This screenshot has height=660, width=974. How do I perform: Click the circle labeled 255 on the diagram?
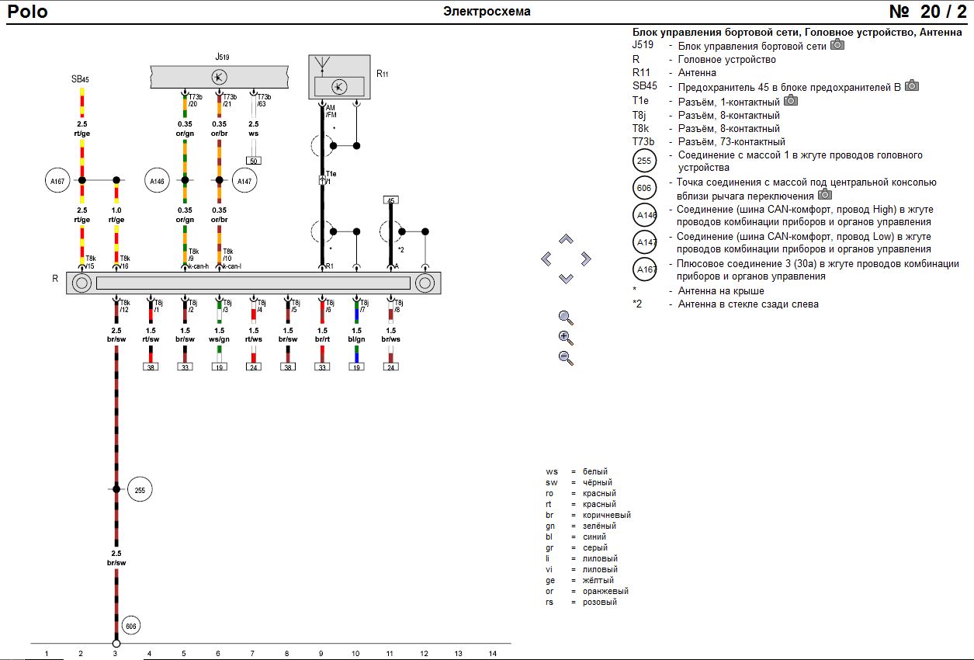(x=140, y=490)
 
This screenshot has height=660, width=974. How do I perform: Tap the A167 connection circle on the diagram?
(x=57, y=181)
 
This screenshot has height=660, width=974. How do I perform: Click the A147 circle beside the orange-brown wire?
(x=244, y=181)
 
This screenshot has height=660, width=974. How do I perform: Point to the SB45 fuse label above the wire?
(x=80, y=79)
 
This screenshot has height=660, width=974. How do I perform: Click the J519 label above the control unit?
(x=222, y=57)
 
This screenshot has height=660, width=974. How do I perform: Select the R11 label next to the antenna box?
(x=383, y=74)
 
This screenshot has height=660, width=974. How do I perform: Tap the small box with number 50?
(x=253, y=161)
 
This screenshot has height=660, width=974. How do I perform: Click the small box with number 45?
(x=391, y=200)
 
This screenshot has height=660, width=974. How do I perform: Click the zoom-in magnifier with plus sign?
(x=566, y=338)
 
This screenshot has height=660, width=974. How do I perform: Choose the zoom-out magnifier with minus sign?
(x=566, y=358)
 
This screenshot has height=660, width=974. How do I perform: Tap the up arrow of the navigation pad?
(x=566, y=239)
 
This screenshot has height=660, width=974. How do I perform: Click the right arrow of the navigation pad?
(x=586, y=259)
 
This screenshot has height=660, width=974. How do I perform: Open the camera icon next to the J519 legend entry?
(x=837, y=45)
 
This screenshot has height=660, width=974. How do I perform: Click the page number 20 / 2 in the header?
(x=927, y=12)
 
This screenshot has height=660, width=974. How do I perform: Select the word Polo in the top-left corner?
(x=28, y=12)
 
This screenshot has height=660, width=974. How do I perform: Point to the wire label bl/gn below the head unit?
(x=356, y=339)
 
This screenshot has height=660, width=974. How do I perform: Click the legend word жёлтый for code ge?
(x=598, y=580)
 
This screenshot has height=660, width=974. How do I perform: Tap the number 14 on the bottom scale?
(x=492, y=654)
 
